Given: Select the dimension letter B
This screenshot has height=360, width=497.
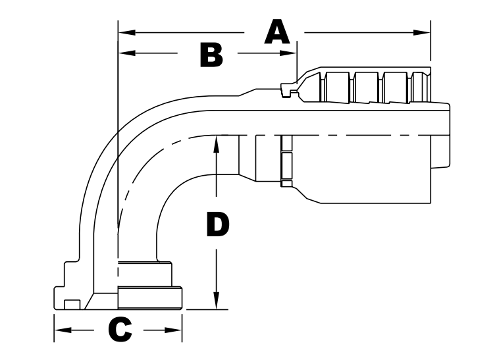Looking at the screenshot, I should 211,54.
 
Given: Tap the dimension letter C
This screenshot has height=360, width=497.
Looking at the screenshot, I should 119,330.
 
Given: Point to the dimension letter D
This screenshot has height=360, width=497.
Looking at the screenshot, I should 217,226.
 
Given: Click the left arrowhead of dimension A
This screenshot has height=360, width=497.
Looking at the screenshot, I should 126,32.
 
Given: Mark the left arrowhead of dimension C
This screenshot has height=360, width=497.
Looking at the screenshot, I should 62,330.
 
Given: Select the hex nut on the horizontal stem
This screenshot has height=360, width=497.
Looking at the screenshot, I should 285,162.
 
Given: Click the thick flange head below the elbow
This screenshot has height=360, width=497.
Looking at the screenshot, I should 149,297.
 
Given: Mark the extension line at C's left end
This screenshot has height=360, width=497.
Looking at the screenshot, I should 54,326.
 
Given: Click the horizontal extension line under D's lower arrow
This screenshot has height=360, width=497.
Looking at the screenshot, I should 204,309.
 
